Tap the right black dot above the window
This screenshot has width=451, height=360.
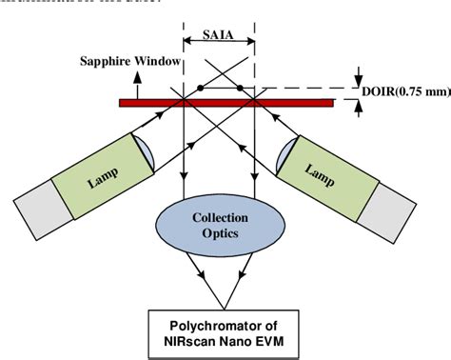coord(240,90)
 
